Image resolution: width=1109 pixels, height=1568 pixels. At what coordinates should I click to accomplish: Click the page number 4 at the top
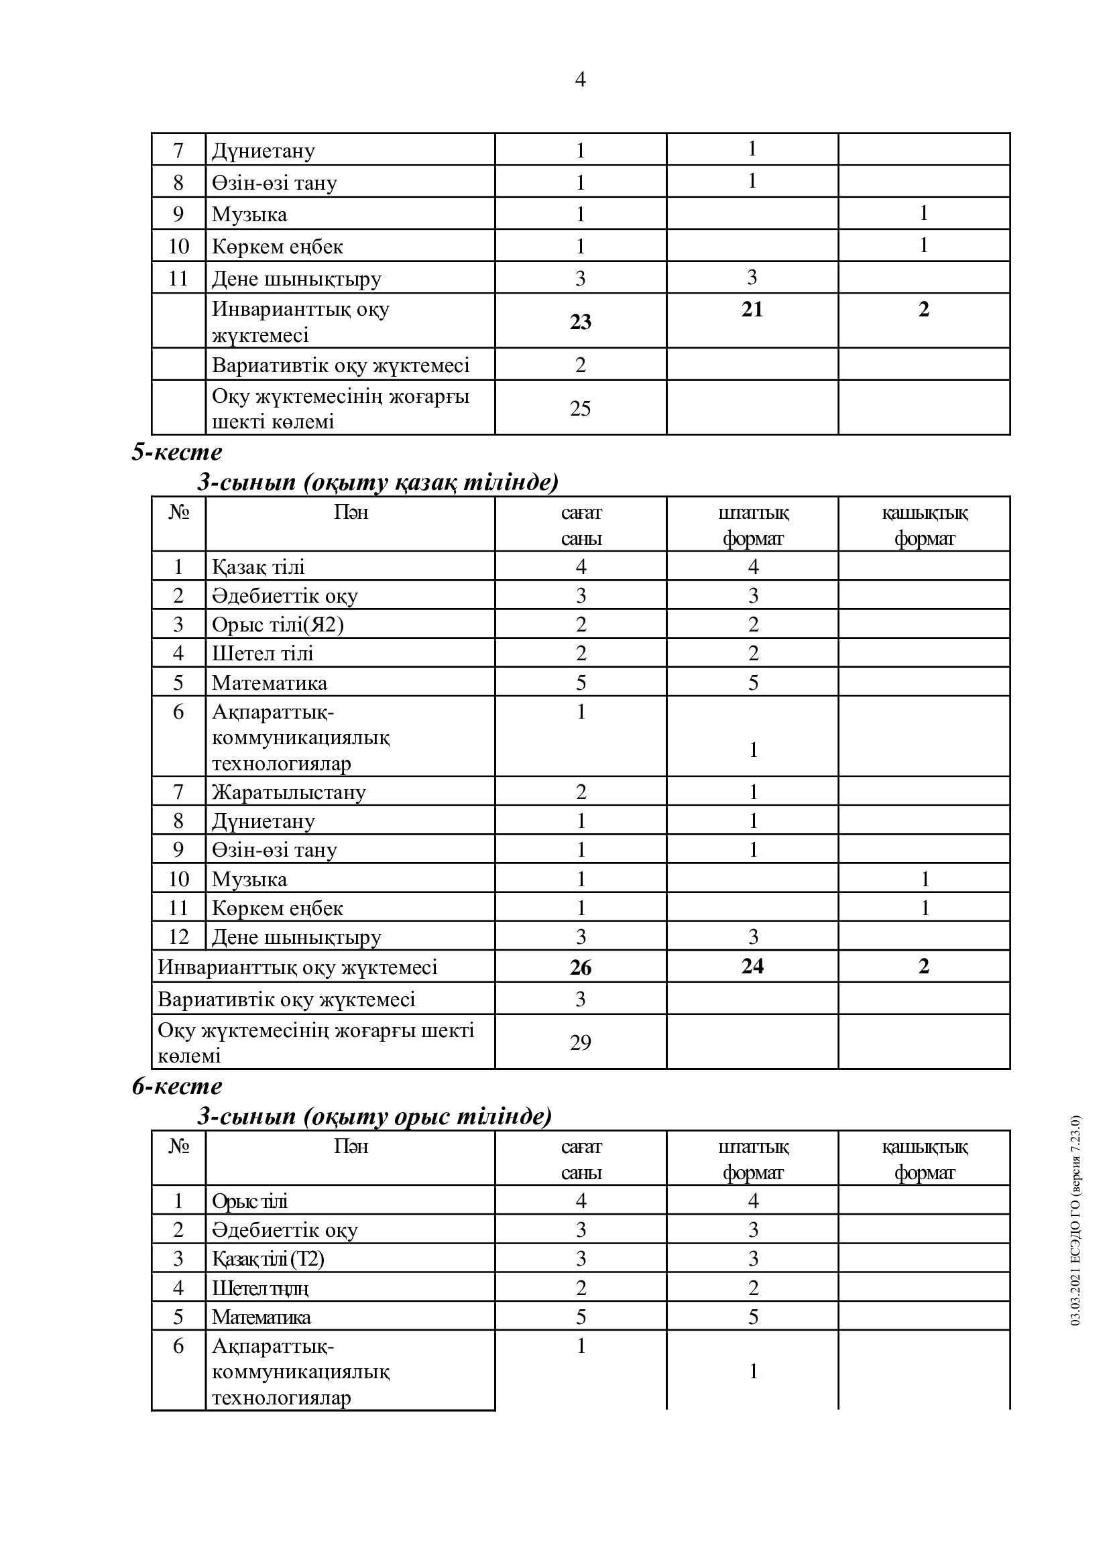(580, 80)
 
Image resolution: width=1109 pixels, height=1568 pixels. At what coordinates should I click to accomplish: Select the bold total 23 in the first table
(580, 322)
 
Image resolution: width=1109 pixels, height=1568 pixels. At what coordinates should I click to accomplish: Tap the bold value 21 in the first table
(752, 309)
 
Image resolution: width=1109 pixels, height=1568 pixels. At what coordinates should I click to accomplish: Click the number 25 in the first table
(580, 408)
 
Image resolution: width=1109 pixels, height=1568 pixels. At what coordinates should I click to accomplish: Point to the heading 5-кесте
(177, 452)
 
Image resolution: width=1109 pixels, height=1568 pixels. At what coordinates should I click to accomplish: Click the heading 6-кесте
(177, 1086)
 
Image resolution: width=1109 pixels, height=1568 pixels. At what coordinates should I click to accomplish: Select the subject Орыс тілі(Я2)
(278, 624)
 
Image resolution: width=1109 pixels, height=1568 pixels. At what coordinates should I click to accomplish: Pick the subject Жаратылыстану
(289, 792)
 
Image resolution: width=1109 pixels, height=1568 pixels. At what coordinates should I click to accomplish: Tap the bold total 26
(581, 967)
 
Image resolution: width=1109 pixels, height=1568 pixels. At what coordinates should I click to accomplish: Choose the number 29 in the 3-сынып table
(580, 1042)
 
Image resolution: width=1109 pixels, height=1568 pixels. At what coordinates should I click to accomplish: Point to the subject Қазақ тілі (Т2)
(268, 1258)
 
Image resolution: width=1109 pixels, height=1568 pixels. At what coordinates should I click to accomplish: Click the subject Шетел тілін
(260, 1288)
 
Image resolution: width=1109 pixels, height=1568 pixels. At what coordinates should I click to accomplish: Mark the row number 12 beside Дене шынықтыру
(178, 937)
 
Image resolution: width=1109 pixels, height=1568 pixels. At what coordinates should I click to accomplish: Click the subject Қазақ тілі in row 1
(258, 567)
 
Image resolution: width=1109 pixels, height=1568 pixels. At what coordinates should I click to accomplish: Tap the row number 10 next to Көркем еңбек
(178, 246)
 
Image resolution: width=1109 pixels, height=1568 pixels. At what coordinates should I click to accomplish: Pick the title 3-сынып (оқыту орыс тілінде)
(374, 1117)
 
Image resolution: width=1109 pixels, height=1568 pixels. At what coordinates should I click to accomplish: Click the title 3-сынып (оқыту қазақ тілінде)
(377, 482)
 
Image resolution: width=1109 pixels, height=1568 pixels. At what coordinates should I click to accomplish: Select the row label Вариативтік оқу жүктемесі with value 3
(286, 999)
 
